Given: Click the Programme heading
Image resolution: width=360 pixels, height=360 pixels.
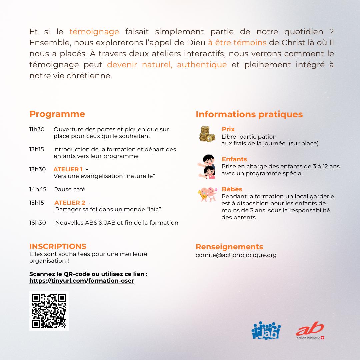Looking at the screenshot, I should tap(57, 114).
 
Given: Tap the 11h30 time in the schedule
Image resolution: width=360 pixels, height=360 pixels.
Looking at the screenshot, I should tap(37, 129).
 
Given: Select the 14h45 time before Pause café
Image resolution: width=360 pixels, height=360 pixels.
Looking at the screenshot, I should tap(38, 189).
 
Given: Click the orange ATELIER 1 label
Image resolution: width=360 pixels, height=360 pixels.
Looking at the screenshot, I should tap(68, 169).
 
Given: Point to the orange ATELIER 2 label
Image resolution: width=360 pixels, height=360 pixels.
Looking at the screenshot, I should tap(70, 203).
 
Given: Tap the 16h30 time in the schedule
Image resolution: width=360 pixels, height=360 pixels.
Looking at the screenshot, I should tap(38, 223).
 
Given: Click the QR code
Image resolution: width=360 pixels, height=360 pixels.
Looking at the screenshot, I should tap(49, 311).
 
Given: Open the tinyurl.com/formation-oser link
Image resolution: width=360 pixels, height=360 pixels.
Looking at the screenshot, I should tap(82, 281).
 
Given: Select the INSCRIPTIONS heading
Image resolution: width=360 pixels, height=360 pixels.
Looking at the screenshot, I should tap(58, 246).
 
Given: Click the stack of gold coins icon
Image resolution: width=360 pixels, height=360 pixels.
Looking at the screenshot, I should tap(207, 134).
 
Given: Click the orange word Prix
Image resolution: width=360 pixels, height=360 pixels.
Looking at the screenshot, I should tap(228, 129).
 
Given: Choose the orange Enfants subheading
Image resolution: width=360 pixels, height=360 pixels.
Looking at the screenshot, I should tap(234, 159).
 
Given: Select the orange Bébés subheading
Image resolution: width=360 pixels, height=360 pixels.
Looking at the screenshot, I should tap(232, 189).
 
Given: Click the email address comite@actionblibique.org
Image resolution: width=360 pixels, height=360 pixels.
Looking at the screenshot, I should tap(236, 255).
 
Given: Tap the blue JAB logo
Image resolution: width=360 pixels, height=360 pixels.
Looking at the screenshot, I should tap(266, 331).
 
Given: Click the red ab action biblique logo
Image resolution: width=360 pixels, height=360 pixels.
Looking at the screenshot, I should tap(310, 331).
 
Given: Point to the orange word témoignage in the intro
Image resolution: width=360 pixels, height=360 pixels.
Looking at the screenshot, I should tap(94, 32).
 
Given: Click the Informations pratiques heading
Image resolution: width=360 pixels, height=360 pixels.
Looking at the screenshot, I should tap(249, 114).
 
